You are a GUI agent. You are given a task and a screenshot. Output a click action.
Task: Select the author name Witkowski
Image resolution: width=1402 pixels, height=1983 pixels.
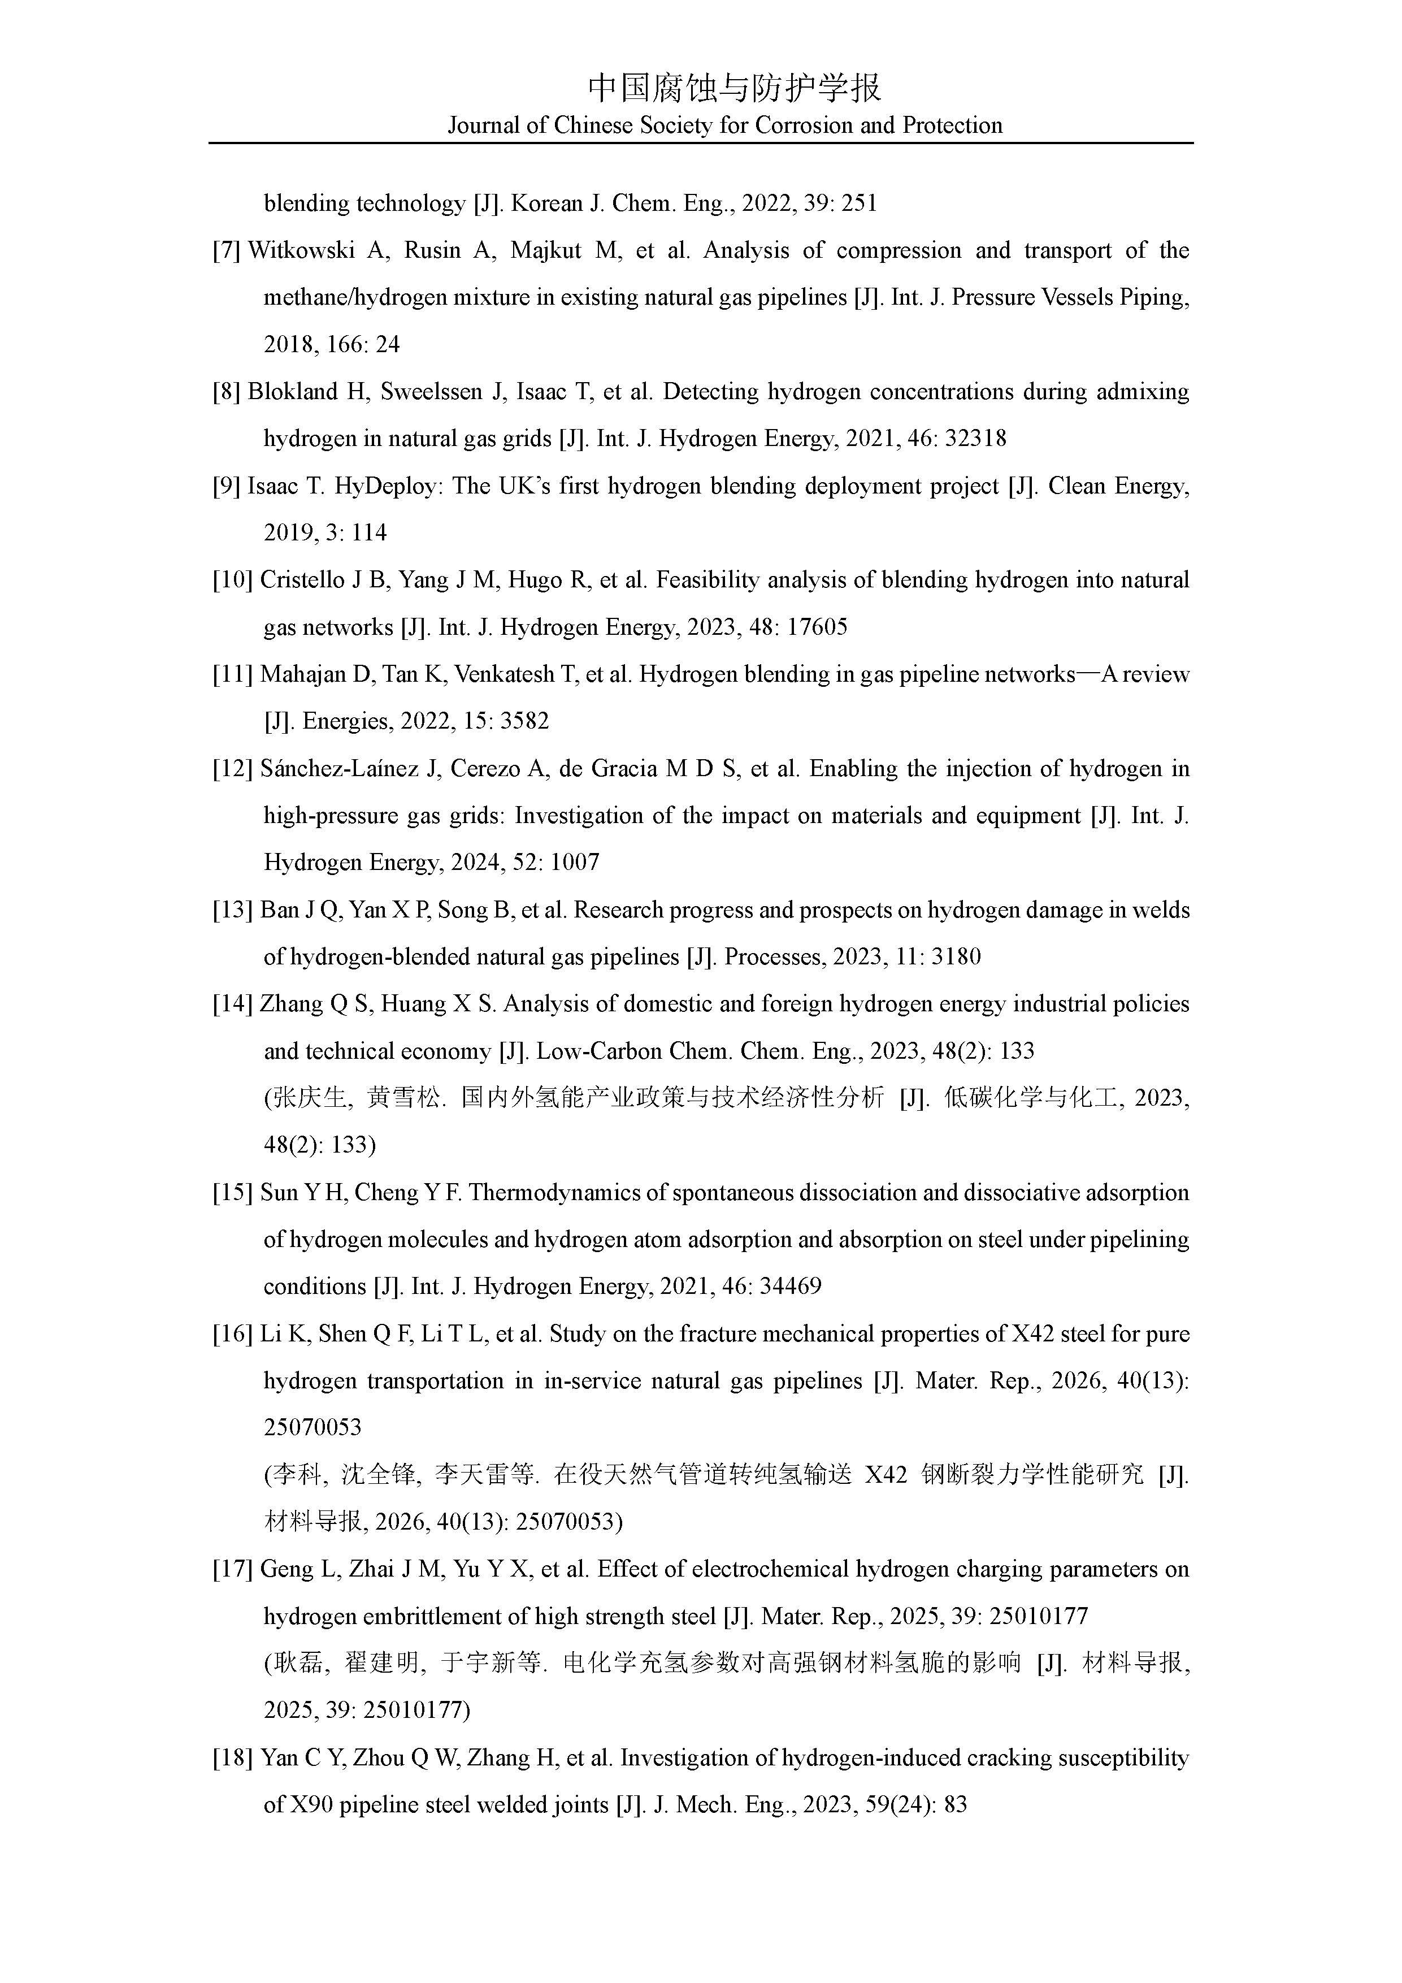(301, 250)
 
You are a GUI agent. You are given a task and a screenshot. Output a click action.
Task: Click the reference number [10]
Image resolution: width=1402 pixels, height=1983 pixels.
(232, 581)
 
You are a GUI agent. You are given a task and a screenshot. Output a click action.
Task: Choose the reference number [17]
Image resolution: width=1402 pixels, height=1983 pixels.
(232, 1569)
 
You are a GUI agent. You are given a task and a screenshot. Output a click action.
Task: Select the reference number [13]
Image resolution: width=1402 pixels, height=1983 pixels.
(232, 910)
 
